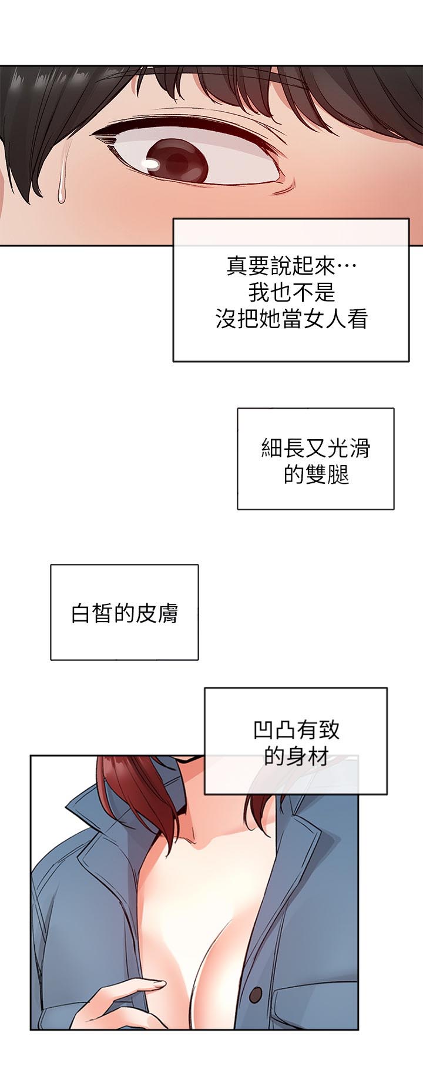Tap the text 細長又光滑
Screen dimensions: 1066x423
coord(315,449)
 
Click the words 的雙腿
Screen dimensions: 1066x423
coord(315,474)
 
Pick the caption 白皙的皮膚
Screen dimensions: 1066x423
coord(124,613)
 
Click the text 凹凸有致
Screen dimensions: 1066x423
coord(296,730)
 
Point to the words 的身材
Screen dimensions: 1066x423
coord(296,756)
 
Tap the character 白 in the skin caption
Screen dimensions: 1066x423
coord(81,613)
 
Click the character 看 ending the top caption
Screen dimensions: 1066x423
coord(357,319)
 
